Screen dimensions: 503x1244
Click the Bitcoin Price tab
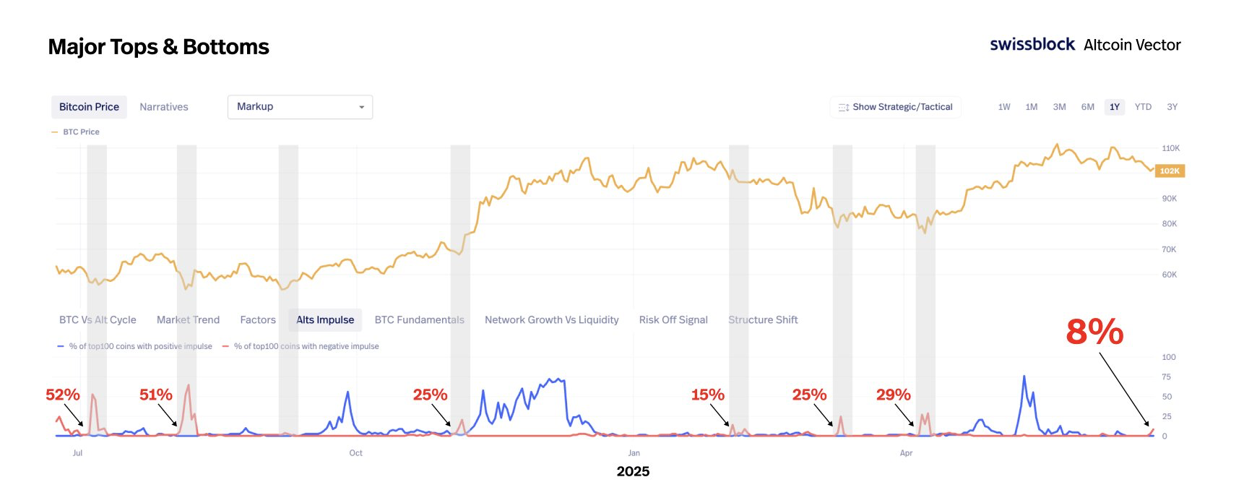(x=89, y=107)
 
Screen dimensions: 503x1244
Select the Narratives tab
(x=163, y=107)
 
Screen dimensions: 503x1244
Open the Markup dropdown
(x=300, y=107)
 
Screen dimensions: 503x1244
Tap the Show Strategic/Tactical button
(x=895, y=107)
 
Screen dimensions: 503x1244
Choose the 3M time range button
(x=1059, y=107)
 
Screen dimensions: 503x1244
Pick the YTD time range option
(x=1143, y=107)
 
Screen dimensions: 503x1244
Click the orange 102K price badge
(x=1170, y=171)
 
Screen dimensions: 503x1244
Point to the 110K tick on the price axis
(x=1170, y=148)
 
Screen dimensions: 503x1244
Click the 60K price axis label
(x=1170, y=275)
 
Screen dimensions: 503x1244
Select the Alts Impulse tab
(x=325, y=319)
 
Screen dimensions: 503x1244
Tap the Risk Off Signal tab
(x=673, y=319)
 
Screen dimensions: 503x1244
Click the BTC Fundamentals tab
(x=419, y=319)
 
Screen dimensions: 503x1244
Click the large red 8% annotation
(x=1094, y=332)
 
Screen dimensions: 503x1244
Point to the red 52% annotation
(x=63, y=395)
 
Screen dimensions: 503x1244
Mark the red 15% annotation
(x=707, y=395)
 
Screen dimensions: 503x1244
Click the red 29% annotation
(x=893, y=395)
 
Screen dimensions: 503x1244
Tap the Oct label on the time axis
(x=355, y=453)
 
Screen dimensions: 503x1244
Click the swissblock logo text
(x=1032, y=45)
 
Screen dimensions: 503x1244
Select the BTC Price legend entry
(x=80, y=132)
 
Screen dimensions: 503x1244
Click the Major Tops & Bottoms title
(x=158, y=47)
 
